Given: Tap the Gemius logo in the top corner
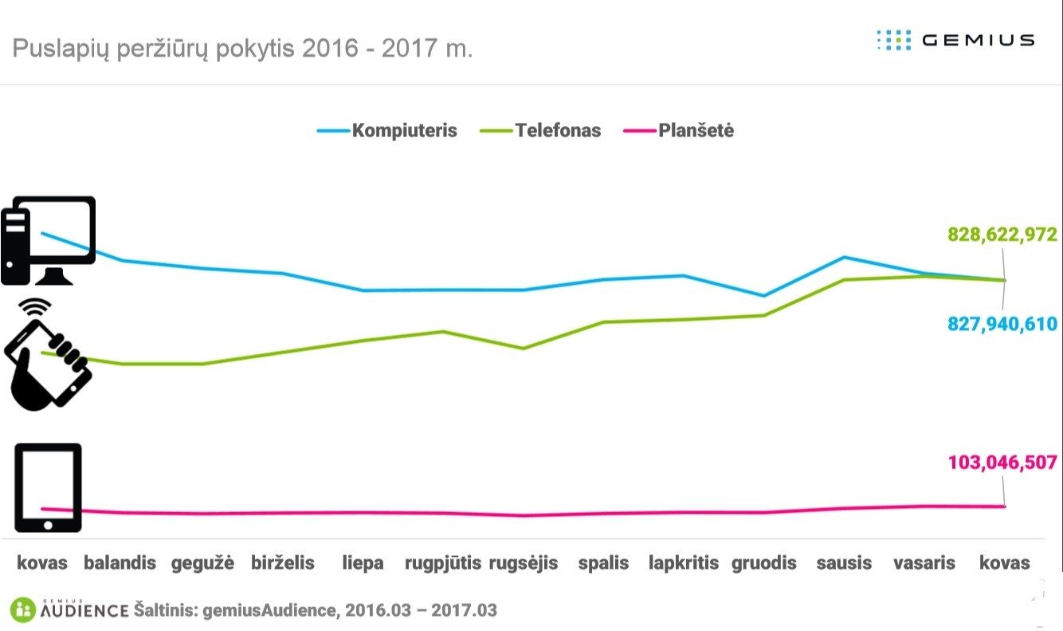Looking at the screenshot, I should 955,40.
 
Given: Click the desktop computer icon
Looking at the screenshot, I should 48,240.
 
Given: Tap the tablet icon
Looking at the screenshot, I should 48,487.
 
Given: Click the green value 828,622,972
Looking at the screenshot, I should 1002,235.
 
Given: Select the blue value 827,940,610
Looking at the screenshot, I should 1002,324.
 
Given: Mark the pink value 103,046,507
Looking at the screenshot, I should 1002,463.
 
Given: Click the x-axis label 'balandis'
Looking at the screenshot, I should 120,563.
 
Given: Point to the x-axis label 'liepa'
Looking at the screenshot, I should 363,563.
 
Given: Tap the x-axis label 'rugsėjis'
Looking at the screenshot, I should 523,563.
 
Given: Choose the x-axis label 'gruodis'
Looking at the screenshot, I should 764,563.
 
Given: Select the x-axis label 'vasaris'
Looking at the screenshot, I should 924,563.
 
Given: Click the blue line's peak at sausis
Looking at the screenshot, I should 845,257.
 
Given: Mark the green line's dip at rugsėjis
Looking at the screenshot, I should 523,349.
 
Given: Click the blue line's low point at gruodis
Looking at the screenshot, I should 764,296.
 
